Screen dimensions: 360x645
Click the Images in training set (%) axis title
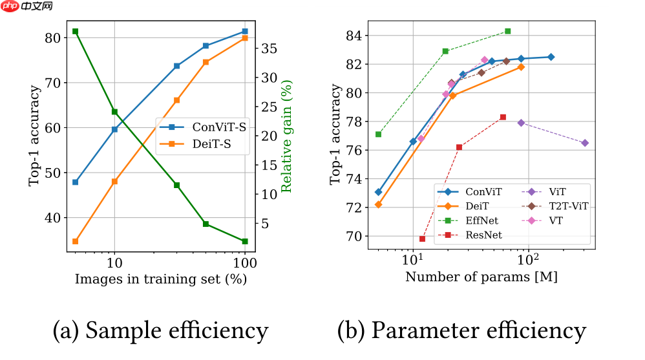coord(160,279)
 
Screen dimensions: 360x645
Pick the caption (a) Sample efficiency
coord(160,330)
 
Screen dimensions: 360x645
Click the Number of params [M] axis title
coord(481,277)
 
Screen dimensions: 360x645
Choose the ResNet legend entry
coord(479,235)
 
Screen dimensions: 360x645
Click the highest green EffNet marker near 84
coord(507,31)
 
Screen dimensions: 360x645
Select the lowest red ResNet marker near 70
coord(422,239)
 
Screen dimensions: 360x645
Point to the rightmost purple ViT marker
coord(585,143)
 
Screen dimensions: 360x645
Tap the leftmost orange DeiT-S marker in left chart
coord(75,242)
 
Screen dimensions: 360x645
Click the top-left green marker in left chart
coord(75,32)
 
